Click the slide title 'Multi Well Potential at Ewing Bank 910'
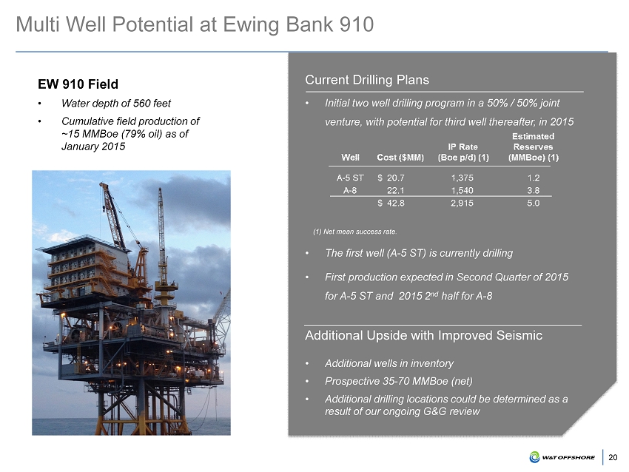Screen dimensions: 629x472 tap(195, 24)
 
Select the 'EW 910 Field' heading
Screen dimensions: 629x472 tap(78, 84)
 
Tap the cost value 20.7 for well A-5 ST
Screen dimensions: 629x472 tap(396, 178)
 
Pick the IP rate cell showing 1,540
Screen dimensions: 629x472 tap(462, 190)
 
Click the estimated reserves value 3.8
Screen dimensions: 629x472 tap(533, 190)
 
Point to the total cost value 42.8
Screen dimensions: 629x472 tap(396, 203)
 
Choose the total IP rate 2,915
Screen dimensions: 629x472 tap(462, 203)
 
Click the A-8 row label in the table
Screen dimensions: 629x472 tap(350, 190)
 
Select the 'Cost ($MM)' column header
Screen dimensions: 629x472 tap(400, 158)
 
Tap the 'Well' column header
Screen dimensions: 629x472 tap(350, 158)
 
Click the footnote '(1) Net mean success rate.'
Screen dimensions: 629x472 tap(355, 232)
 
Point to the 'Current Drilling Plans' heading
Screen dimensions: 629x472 tap(367, 80)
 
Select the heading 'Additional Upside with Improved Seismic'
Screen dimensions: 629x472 tap(423, 335)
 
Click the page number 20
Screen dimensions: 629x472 tap(613, 457)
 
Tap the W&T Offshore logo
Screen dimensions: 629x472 tap(562, 457)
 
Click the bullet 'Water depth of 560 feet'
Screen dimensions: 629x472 tap(116, 104)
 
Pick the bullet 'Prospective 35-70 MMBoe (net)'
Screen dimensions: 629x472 tap(398, 381)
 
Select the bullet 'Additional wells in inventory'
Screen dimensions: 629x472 tap(389, 363)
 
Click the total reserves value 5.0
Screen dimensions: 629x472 tap(533, 203)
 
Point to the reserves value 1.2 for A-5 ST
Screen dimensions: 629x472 tap(533, 178)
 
